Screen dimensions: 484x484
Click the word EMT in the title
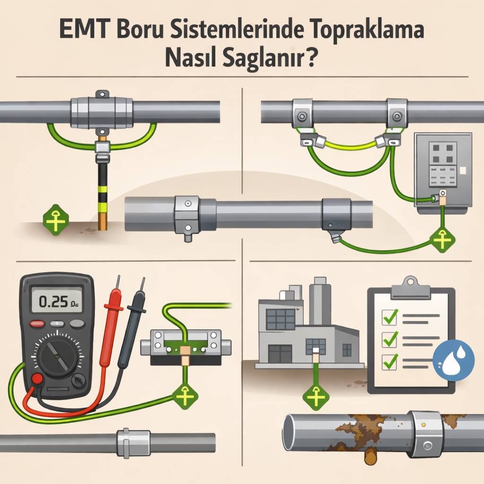[x=83, y=33]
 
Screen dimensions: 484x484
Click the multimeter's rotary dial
[x=57, y=354]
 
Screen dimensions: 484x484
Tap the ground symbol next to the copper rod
[x=56, y=219]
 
